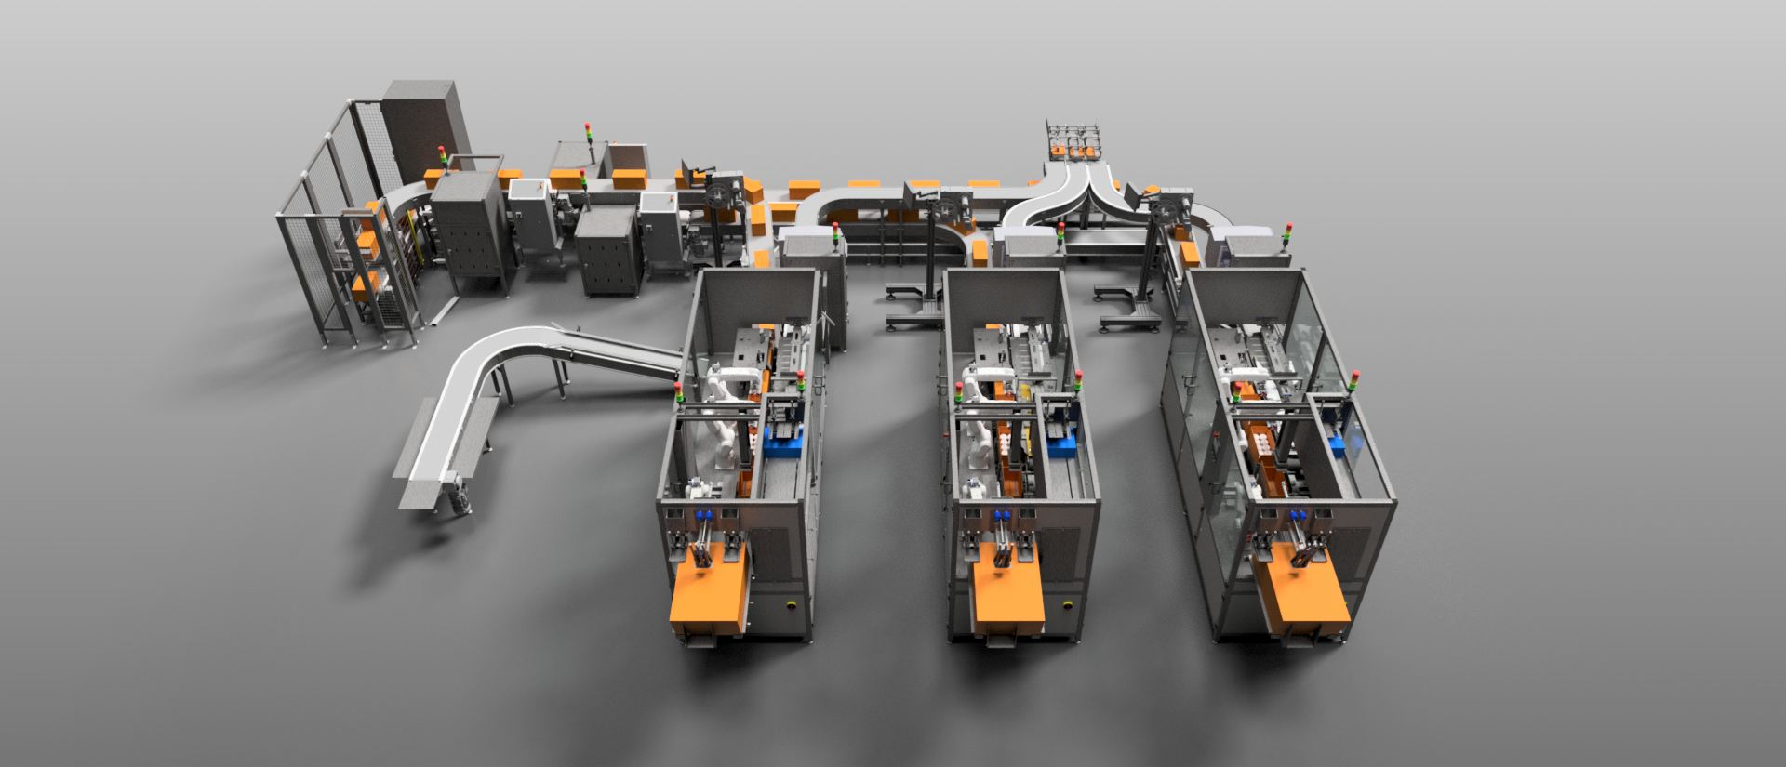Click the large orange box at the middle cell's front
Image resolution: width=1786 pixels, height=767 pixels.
[x=1007, y=595]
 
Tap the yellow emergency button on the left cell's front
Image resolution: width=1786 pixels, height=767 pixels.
[x=792, y=604]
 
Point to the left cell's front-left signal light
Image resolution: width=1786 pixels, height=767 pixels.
[x=678, y=393]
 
